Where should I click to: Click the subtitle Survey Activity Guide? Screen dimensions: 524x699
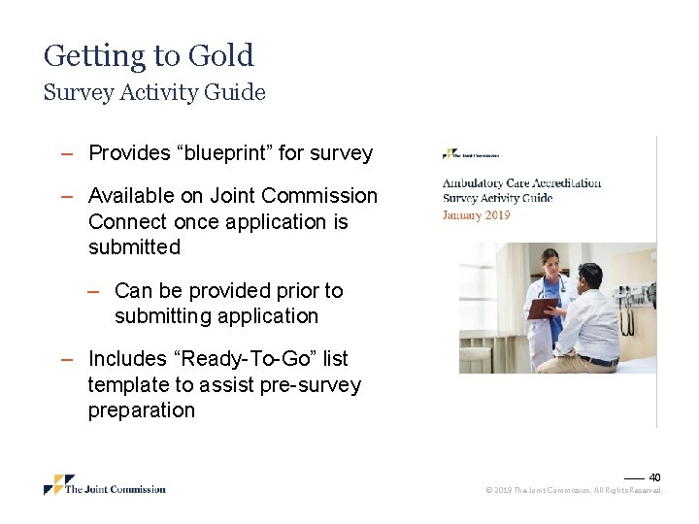point(154,92)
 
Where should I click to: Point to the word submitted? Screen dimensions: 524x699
point(134,247)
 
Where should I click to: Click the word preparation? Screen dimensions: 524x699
point(141,410)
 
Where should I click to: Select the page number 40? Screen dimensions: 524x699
point(654,477)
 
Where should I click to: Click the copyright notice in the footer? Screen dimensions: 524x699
point(573,491)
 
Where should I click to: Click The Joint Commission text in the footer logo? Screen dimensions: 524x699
point(115,489)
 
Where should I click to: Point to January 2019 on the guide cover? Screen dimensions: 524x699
point(476,214)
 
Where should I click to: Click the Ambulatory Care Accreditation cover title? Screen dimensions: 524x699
point(521,182)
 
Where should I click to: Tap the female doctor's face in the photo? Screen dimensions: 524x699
point(550,261)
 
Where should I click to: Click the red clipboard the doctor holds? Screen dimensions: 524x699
point(542,308)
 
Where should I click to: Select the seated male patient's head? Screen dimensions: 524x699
point(590,277)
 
